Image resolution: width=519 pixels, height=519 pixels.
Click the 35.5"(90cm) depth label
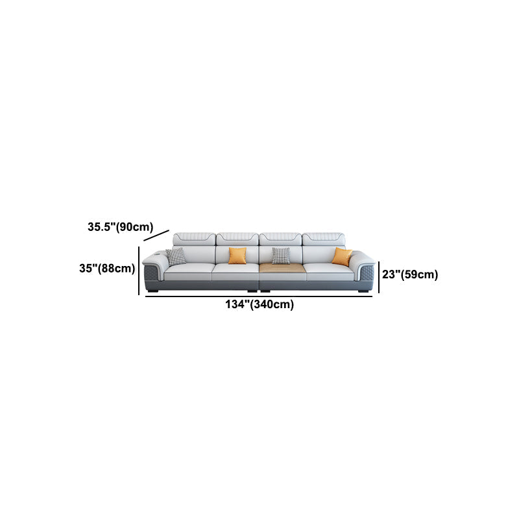click(121, 227)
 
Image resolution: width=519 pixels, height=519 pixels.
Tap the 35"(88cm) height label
click(107, 269)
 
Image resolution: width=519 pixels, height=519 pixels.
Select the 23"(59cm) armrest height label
click(410, 274)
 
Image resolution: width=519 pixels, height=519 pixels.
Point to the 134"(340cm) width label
click(259, 304)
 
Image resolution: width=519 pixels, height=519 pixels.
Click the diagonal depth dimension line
click(156, 235)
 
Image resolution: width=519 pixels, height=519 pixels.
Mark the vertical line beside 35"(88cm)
click(139, 271)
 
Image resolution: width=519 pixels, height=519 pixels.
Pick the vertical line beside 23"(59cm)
click(379, 277)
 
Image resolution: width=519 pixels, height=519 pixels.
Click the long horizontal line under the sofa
click(259, 296)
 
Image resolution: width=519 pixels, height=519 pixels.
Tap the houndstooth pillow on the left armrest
click(176, 256)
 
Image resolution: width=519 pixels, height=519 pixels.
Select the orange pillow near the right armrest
click(342, 256)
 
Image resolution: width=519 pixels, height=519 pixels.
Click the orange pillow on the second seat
click(237, 256)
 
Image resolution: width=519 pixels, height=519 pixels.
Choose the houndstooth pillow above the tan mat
click(281, 256)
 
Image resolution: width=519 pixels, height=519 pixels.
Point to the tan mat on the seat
click(282, 268)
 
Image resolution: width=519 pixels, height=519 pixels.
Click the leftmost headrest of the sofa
click(194, 239)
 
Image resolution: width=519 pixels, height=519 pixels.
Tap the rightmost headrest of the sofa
click(323, 239)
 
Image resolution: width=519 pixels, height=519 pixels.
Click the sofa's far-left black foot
click(154, 291)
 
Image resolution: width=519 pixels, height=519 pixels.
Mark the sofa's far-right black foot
click(363, 291)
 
